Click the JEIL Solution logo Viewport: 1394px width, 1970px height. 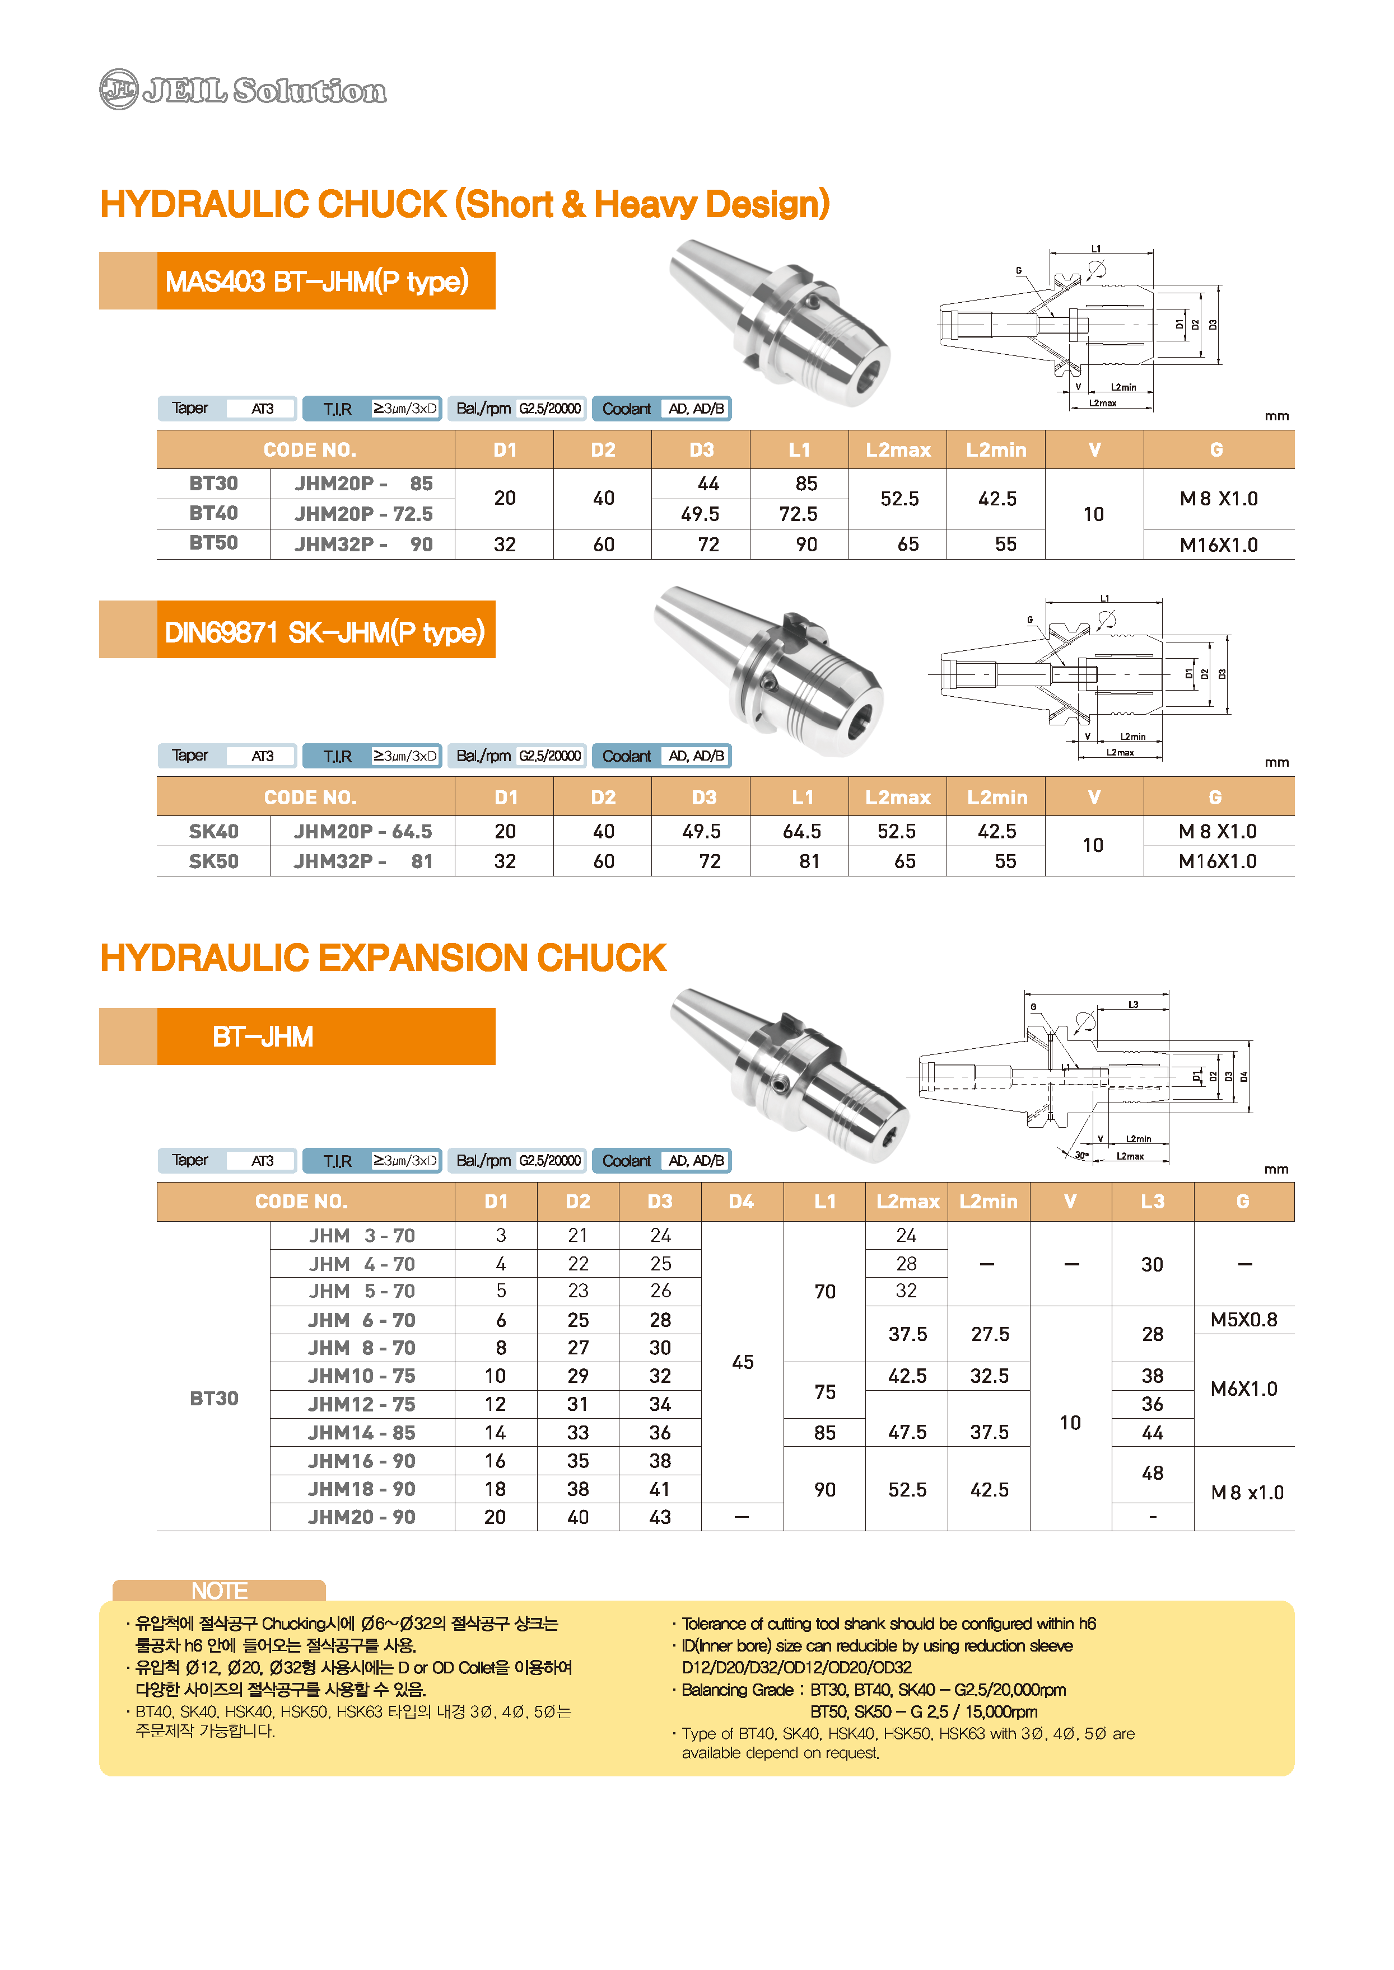click(x=243, y=89)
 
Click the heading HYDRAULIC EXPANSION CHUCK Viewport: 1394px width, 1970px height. click(x=383, y=958)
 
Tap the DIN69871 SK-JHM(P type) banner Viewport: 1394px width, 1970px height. click(x=325, y=631)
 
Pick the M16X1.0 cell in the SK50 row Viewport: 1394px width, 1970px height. click(x=1217, y=861)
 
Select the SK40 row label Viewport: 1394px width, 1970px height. click(x=214, y=832)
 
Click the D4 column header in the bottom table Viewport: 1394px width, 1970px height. click(x=742, y=1201)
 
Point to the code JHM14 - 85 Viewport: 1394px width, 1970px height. click(x=361, y=1433)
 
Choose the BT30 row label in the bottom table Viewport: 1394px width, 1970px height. click(x=214, y=1399)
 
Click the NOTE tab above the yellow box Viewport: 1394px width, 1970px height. click(x=220, y=1591)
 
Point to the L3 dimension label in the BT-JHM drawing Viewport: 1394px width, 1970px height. click(x=1133, y=1005)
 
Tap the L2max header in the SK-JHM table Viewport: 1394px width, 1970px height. click(x=898, y=797)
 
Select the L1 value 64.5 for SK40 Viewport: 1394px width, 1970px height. click(x=801, y=832)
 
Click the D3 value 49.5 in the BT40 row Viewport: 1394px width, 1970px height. click(x=701, y=514)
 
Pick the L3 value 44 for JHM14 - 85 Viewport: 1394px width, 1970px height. click(x=1153, y=1433)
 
